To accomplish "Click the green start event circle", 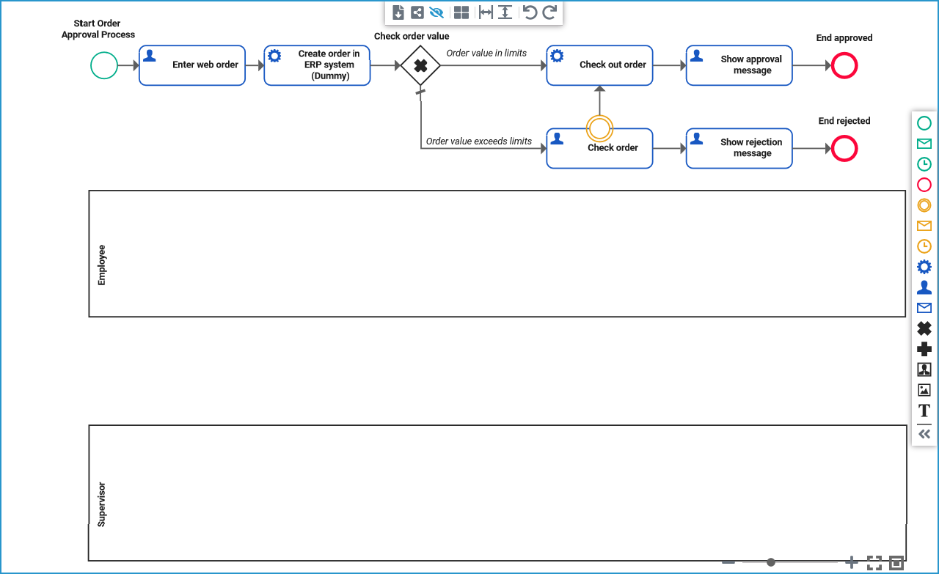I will [x=104, y=65].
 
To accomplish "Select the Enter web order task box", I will [x=192, y=65].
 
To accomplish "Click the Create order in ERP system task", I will [x=317, y=65].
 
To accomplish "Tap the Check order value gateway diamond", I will [x=420, y=65].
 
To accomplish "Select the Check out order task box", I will [x=599, y=65].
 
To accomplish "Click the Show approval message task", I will [x=739, y=65].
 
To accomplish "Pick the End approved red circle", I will [x=844, y=66].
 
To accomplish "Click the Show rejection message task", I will [x=739, y=148].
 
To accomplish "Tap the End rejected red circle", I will [x=844, y=149].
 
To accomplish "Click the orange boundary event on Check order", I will [x=599, y=128].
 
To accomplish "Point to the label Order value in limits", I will [x=486, y=53].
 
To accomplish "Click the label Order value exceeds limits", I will [x=479, y=141].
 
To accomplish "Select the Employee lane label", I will [x=102, y=265].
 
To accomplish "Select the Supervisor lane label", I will [x=102, y=504].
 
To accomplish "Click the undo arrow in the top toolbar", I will [x=530, y=12].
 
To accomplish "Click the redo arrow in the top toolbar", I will [x=549, y=12].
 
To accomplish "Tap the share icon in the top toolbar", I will [x=417, y=12].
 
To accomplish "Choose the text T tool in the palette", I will [x=924, y=411].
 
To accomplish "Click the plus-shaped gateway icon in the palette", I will [x=924, y=349].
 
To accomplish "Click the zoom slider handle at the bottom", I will [x=771, y=562].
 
